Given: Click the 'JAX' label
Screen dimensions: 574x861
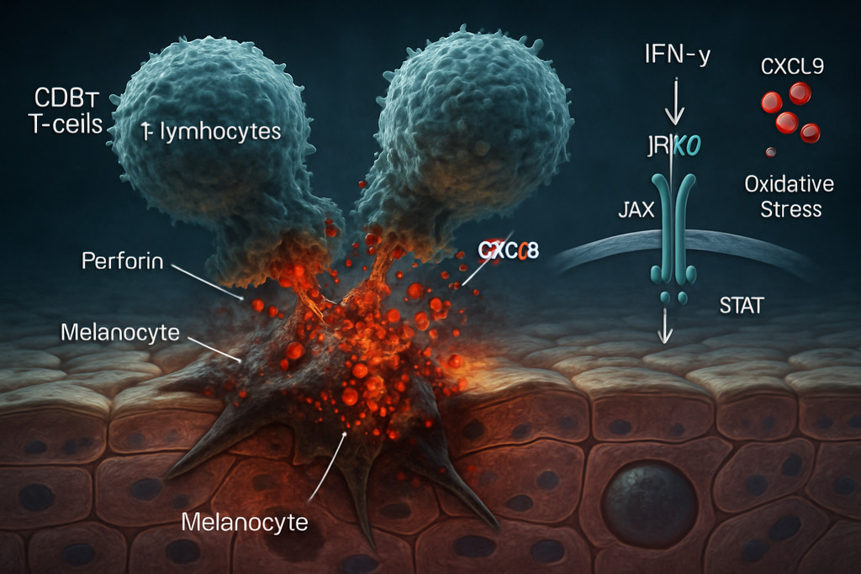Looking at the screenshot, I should click(636, 209).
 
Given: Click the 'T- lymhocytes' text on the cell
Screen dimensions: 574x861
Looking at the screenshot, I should click(210, 131).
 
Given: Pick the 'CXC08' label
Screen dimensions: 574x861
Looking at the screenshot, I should click(508, 250).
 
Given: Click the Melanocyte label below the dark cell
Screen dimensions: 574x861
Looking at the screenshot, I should click(245, 521).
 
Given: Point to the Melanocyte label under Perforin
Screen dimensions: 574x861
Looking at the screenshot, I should click(120, 332).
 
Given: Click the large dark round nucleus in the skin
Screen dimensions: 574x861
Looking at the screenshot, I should click(649, 503).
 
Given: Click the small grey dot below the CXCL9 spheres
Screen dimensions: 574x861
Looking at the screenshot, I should click(770, 152).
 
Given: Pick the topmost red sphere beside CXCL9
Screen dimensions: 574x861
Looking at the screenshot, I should click(799, 93).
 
